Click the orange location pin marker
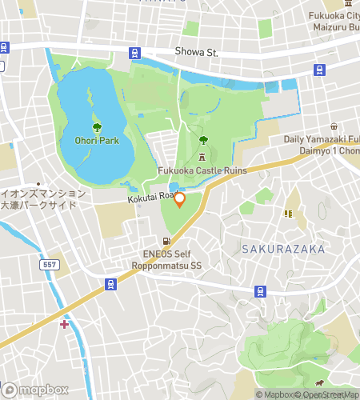(x=179, y=200)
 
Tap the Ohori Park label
(x=97, y=141)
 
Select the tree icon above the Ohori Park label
(x=97, y=127)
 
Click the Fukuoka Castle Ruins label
(x=202, y=170)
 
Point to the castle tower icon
(x=202, y=156)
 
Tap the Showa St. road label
(x=197, y=53)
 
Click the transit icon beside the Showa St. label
(x=134, y=53)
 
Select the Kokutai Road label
(x=150, y=195)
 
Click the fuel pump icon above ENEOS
(x=166, y=241)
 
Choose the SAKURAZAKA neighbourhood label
(x=283, y=249)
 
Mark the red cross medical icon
(x=64, y=324)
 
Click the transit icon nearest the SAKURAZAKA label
(x=259, y=290)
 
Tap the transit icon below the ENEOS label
(x=110, y=283)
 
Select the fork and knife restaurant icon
(x=287, y=214)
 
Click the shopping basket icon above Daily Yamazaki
(x=334, y=126)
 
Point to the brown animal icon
(x=321, y=383)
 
